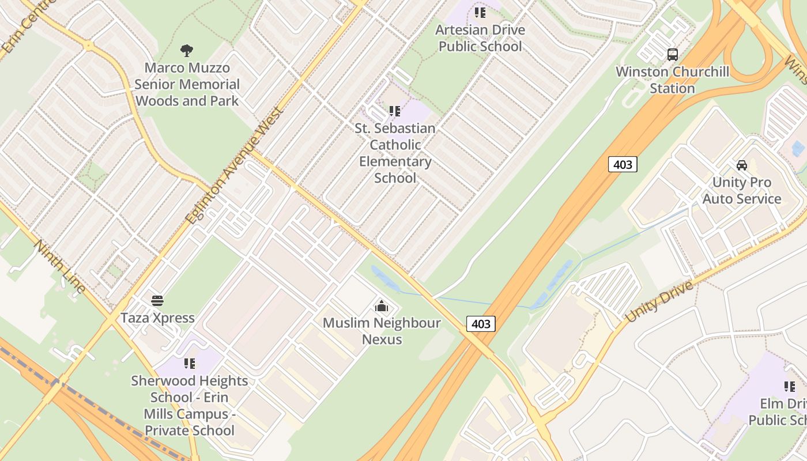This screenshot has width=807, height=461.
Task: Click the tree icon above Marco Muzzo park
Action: tap(186, 51)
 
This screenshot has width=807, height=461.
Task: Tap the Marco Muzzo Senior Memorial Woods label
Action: tap(187, 84)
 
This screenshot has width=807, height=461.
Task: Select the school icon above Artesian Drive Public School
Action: tap(480, 13)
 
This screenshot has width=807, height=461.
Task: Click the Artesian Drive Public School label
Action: tap(480, 38)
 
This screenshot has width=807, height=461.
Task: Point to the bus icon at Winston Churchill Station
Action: tap(672, 55)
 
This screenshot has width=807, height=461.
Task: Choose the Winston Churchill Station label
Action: tap(672, 80)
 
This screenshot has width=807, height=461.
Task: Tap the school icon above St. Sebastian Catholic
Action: tap(395, 111)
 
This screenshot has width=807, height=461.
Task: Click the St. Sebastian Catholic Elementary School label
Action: tap(395, 153)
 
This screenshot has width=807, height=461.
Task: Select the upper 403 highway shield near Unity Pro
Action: tap(623, 165)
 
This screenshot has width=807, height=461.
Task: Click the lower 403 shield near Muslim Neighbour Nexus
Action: tap(481, 324)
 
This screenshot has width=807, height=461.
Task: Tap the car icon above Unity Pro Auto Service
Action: tap(742, 165)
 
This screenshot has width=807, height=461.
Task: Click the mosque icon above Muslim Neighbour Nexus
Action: tap(381, 306)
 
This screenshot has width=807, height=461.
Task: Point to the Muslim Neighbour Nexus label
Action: tap(382, 331)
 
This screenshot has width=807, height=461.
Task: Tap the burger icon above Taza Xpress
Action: tap(157, 301)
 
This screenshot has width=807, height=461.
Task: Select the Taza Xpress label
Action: tap(157, 318)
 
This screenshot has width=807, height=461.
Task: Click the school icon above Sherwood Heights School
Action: tap(189, 364)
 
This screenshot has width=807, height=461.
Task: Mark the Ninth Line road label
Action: tap(60, 267)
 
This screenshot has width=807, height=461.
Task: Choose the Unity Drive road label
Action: tap(659, 301)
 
